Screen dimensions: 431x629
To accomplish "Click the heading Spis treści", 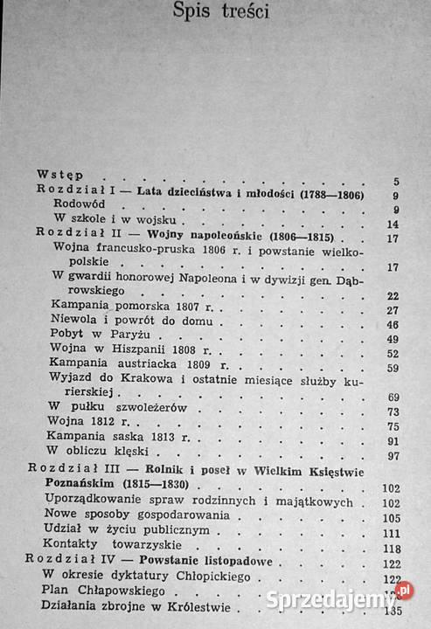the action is click(219, 12).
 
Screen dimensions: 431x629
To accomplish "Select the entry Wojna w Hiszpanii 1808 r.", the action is click(116, 354).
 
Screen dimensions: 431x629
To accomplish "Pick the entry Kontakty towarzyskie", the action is click(115, 548).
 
